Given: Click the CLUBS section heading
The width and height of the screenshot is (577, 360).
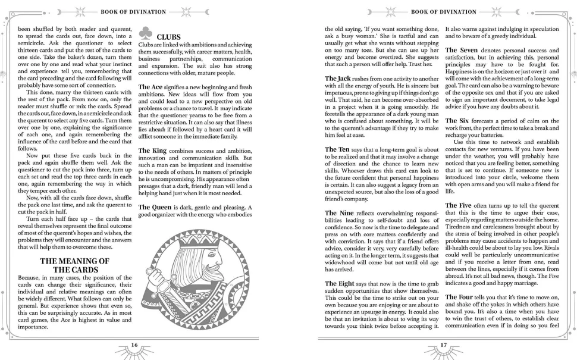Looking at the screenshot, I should pyautogui.click(x=168, y=37).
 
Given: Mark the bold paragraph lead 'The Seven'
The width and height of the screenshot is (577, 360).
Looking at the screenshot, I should pyautogui.click(x=461, y=50).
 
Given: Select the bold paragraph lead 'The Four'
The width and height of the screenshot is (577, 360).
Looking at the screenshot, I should pyautogui.click(x=459, y=296).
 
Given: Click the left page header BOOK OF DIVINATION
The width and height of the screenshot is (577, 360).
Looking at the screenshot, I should pyautogui.click(x=134, y=10).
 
